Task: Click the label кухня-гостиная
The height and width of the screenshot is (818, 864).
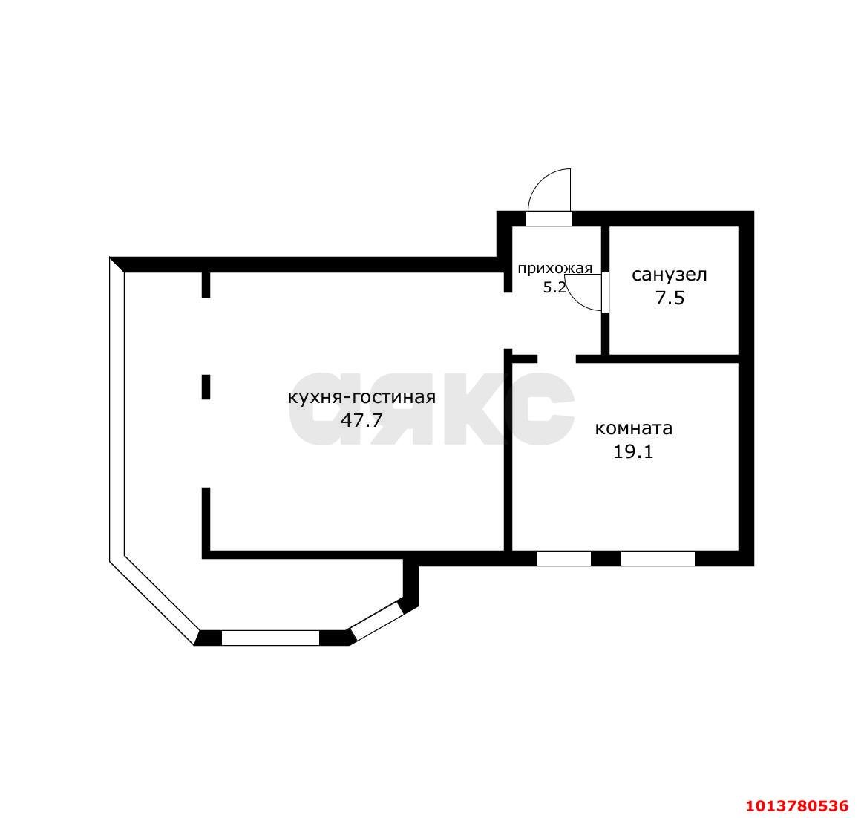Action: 361,397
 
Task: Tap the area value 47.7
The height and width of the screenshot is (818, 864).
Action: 361,420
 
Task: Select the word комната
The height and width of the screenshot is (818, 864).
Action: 634,428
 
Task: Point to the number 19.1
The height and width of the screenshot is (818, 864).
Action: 633,451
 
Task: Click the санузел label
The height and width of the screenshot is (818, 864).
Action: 670,275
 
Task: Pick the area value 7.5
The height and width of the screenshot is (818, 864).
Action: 670,298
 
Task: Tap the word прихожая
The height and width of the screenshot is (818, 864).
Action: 555,269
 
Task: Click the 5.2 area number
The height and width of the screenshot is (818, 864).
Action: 554,287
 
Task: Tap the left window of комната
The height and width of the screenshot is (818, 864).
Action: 564,558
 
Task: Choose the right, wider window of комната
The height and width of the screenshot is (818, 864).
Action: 658,558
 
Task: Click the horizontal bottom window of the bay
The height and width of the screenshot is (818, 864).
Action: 270,638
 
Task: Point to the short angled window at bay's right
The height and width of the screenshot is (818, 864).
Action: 376,621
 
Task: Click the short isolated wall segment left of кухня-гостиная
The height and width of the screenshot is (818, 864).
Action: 206,387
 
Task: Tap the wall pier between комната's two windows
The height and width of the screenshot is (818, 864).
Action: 606,558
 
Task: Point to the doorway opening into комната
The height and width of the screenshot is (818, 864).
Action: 557,359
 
